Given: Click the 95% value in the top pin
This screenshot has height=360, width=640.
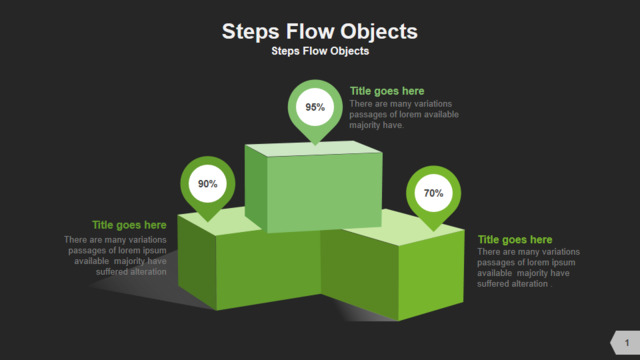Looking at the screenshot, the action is (315, 107).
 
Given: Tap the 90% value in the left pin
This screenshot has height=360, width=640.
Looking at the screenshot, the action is (208, 184).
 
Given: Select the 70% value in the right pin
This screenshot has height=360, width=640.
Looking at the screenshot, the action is (433, 193).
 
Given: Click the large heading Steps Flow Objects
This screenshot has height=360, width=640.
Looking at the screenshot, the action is (320, 32).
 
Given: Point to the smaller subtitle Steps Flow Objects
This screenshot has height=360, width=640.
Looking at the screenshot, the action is (320, 51).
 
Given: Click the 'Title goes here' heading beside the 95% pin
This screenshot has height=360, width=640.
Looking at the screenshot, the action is (387, 91).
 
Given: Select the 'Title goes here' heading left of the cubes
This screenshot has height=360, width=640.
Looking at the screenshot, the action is (129, 225).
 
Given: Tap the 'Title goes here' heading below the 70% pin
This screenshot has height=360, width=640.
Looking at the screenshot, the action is (515, 240).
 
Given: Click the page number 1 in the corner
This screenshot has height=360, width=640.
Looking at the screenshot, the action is (627, 343).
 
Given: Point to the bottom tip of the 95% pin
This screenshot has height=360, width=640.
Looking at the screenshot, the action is (315, 144).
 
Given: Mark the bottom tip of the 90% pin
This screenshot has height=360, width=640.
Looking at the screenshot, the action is (208, 221).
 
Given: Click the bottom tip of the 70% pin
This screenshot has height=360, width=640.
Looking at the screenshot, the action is (433, 231).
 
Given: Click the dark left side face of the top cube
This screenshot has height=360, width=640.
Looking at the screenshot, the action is (256, 189).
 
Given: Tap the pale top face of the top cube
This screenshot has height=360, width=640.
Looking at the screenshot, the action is (313, 149).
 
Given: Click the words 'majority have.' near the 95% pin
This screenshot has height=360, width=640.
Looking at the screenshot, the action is (376, 125).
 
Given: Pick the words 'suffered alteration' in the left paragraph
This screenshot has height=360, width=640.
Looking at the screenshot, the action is (131, 272).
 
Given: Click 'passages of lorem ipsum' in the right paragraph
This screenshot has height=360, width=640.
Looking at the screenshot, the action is (526, 262).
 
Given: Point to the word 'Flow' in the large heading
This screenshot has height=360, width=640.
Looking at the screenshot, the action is (309, 31).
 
